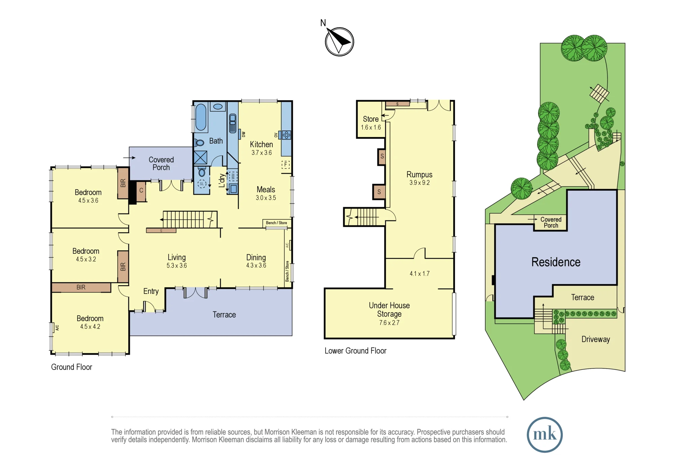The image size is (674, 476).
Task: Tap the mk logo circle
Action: (545, 435)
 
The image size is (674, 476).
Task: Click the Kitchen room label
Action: (262, 144)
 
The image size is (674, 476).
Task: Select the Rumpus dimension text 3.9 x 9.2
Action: (420, 183)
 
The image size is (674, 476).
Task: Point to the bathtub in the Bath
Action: (201, 117)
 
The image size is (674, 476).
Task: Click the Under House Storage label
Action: (389, 310)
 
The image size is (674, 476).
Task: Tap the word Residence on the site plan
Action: (556, 262)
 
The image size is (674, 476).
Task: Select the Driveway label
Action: (596, 339)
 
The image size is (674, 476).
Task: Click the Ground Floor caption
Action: (71, 367)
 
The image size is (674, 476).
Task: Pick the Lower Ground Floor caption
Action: (356, 351)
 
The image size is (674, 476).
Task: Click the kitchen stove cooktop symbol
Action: (286, 135)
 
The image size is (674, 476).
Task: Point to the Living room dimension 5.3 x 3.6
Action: (177, 266)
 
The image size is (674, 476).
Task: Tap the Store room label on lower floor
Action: (371, 119)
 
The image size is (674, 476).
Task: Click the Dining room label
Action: (256, 258)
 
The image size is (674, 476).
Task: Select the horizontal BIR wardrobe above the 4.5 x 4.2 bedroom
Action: (81, 287)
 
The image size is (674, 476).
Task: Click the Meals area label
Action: (266, 190)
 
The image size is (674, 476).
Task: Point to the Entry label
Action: (151, 292)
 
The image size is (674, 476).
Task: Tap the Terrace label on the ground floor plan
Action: (224, 315)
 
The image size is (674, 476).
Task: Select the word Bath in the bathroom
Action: (216, 141)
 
